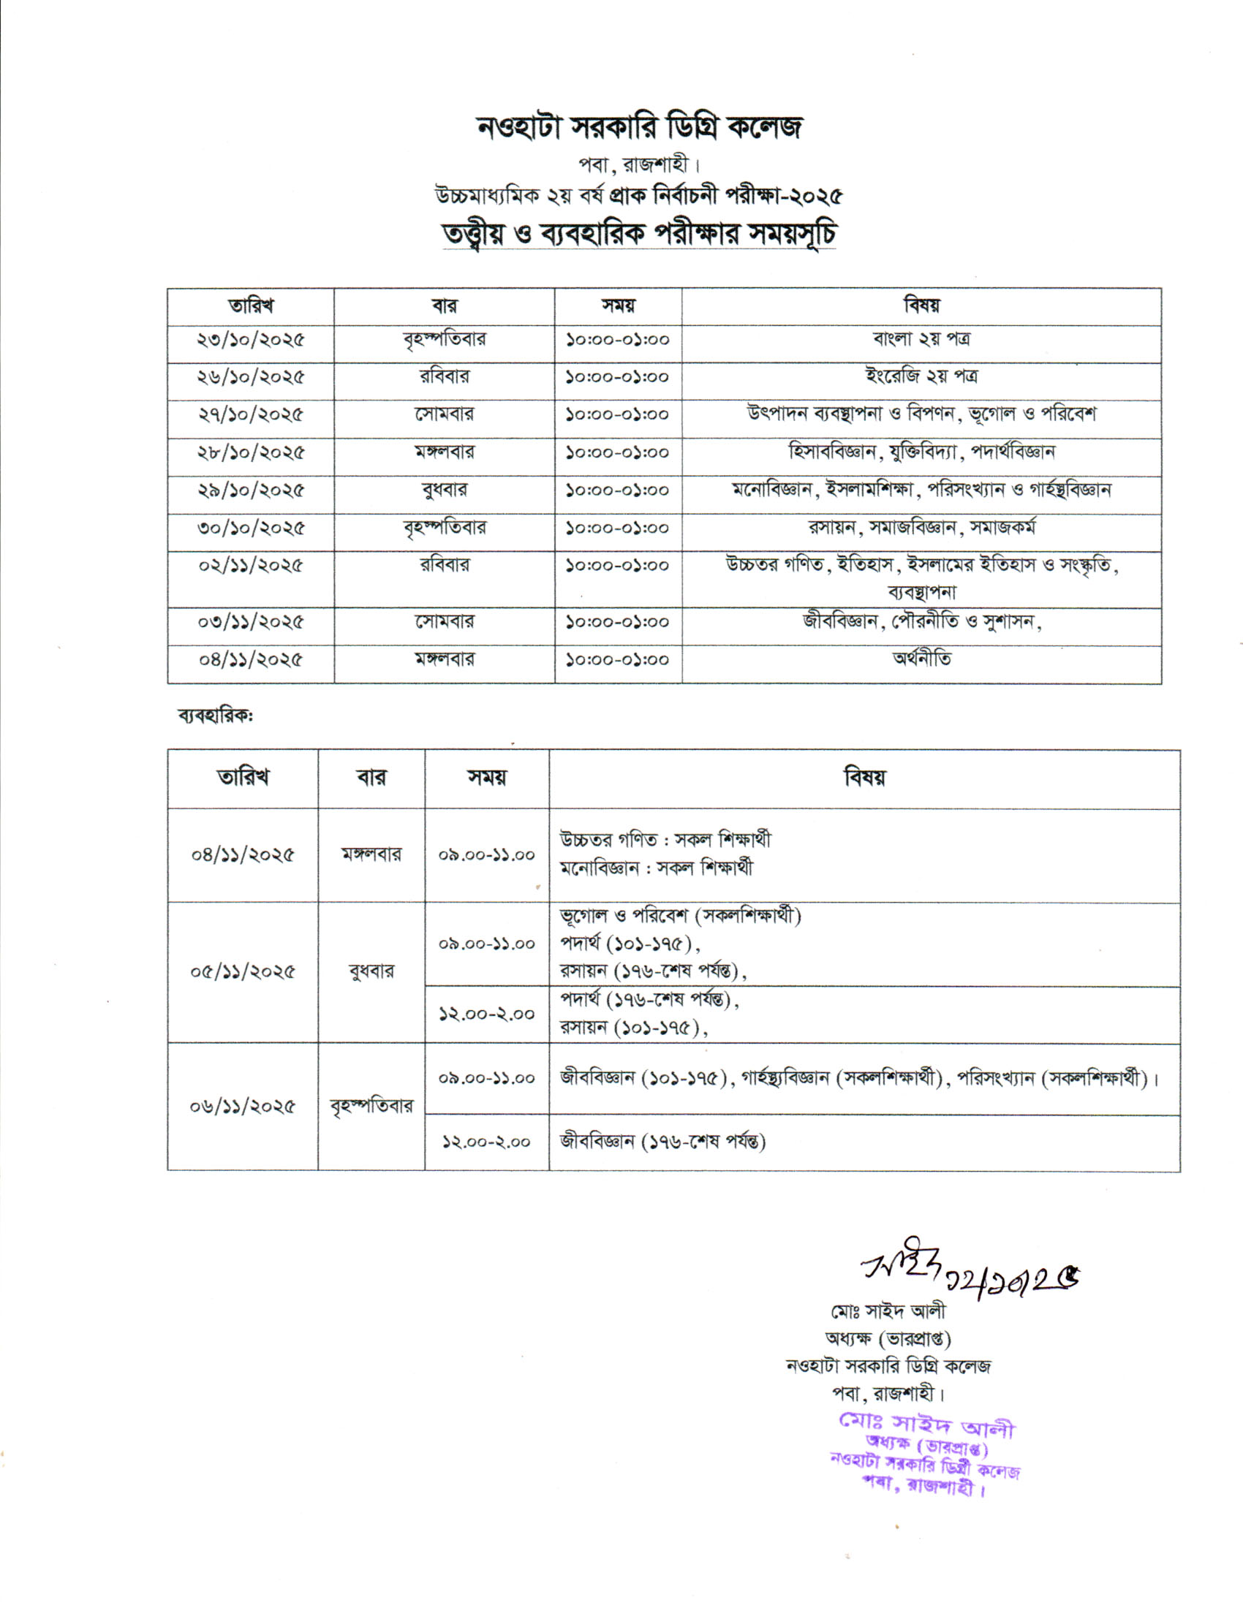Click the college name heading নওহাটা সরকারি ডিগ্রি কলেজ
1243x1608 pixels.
[x=639, y=127]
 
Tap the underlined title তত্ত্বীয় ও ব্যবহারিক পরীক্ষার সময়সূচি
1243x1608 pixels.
[x=639, y=234]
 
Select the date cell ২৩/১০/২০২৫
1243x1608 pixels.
[x=250, y=340]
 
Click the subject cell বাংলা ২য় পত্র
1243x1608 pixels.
[x=921, y=339]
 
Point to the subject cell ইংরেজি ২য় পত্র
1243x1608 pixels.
[x=921, y=377]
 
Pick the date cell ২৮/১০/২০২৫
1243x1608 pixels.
[x=250, y=453]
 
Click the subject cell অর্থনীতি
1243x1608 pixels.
[x=921, y=659]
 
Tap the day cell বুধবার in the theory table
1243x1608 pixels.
[x=444, y=490]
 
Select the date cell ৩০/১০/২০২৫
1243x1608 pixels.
[x=250, y=528]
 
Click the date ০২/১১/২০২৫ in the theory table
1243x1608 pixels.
[x=250, y=566]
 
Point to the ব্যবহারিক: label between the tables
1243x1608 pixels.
[x=215, y=715]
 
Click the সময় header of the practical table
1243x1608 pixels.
[x=487, y=778]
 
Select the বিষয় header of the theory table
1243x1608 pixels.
[x=921, y=306]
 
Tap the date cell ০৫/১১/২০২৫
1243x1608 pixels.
[x=243, y=972]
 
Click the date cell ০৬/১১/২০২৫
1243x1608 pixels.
[x=243, y=1107]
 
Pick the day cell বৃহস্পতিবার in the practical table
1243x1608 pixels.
[x=371, y=1107]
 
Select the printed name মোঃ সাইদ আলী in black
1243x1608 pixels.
[x=888, y=1311]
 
